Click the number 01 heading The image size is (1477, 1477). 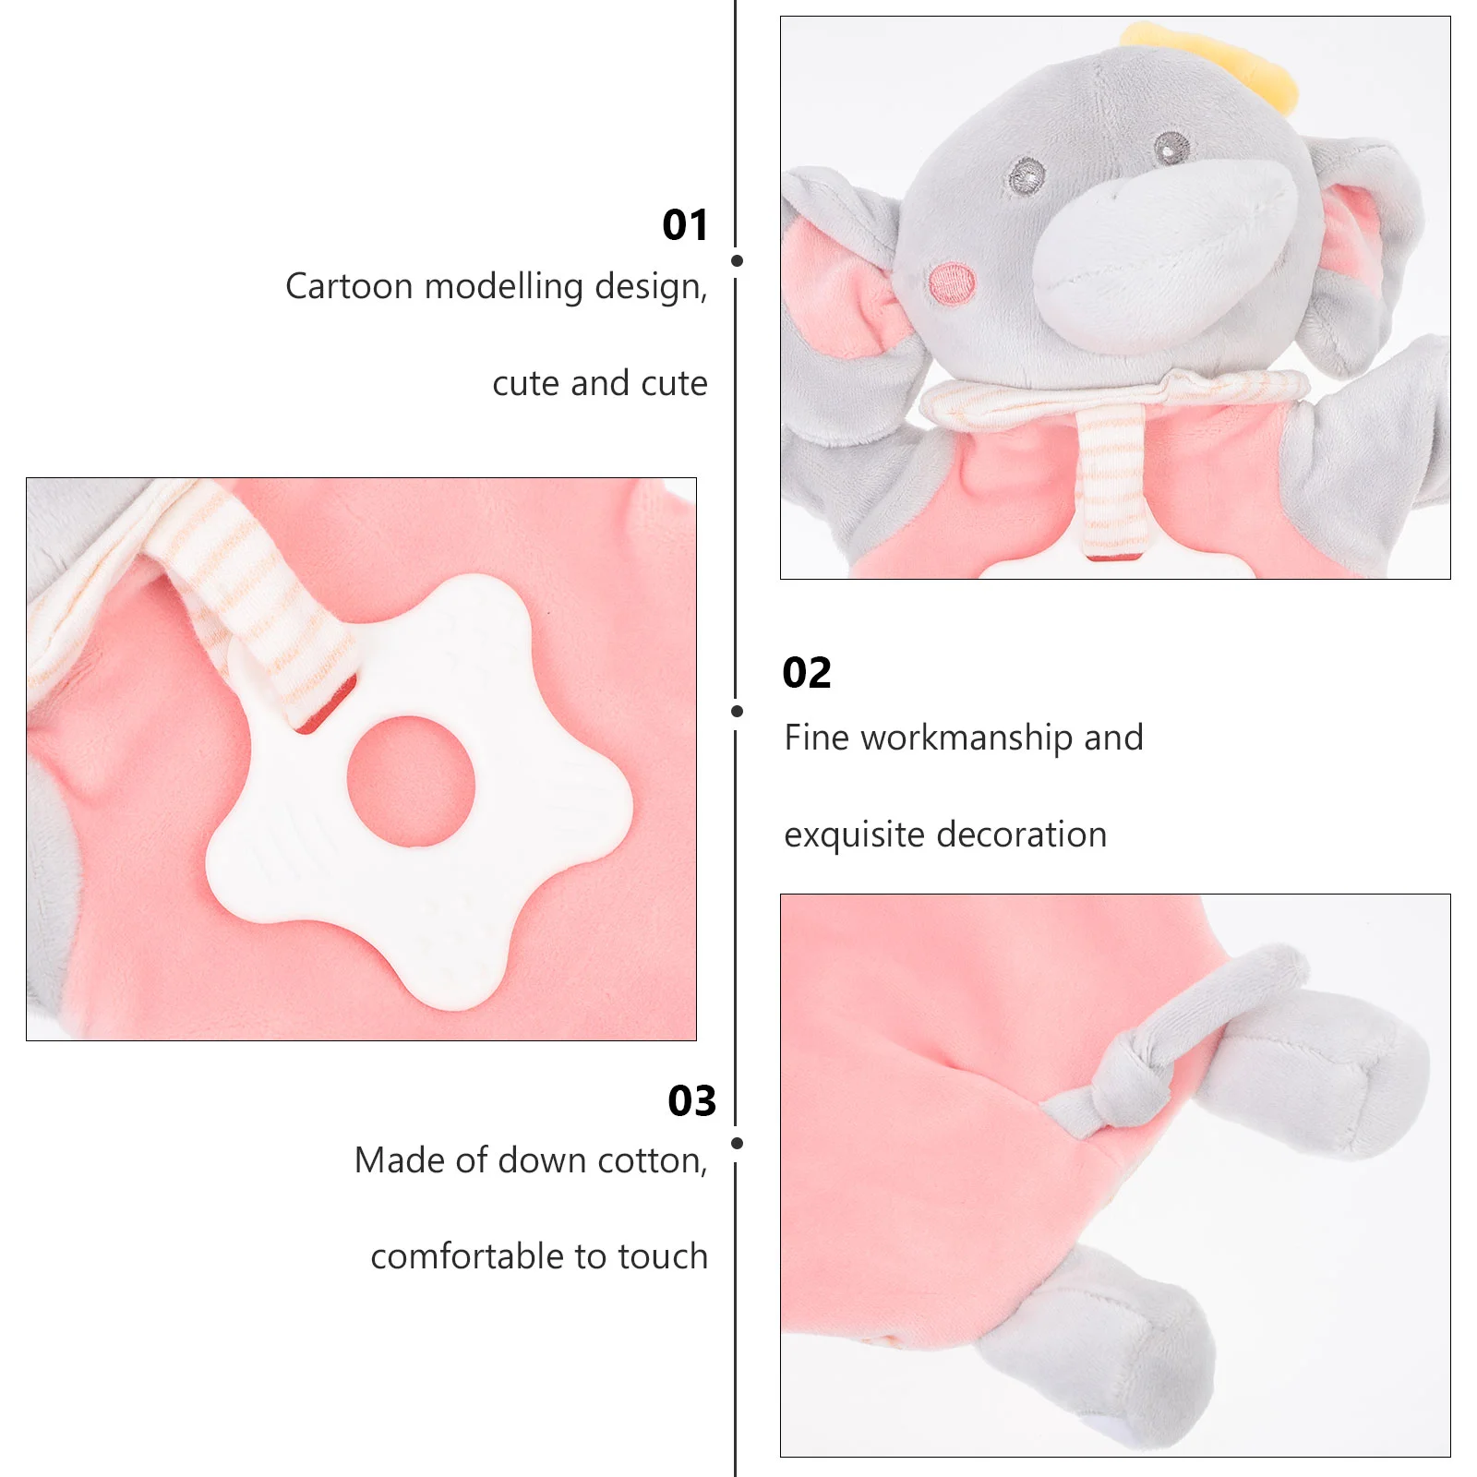(x=685, y=225)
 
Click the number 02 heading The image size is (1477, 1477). (x=807, y=673)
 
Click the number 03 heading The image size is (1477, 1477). (x=692, y=1101)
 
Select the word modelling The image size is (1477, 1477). (x=504, y=287)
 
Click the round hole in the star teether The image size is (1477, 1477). (x=411, y=781)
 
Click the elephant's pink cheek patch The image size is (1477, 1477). (x=952, y=283)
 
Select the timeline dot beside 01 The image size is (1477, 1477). (x=737, y=261)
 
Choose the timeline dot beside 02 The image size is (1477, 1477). (x=737, y=711)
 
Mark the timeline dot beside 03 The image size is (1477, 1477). (x=737, y=1143)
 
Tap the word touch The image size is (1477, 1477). (x=663, y=1257)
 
